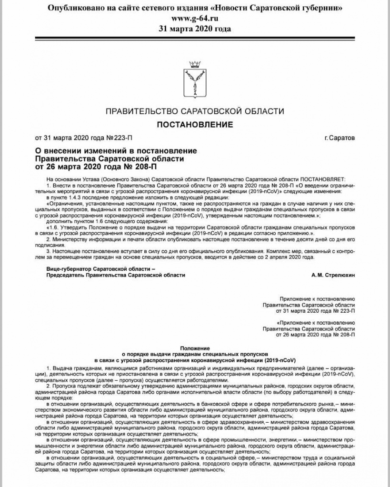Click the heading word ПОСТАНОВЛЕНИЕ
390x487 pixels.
195,125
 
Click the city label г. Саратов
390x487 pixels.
339,139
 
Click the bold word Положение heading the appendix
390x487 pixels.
194,348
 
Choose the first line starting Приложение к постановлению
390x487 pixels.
317,296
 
